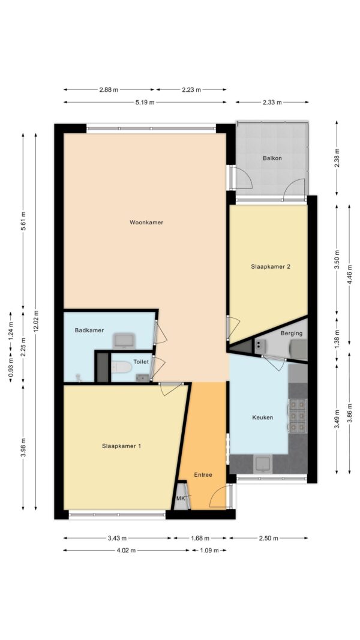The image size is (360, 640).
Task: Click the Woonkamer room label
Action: [146, 223]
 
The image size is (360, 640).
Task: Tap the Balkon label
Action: [272, 158]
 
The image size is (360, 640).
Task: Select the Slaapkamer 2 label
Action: [270, 266]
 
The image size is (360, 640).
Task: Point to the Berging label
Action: [292, 333]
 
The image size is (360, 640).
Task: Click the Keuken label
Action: [262, 417]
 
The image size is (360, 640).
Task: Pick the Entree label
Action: [203, 474]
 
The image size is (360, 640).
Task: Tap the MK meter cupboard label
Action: [181, 498]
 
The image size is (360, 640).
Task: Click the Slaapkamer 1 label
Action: [122, 446]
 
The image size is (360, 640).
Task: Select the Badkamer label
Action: [89, 330]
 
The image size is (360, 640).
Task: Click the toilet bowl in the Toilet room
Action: [121, 368]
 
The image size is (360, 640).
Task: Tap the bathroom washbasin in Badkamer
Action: [124, 341]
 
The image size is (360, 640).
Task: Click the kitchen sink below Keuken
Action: [262, 464]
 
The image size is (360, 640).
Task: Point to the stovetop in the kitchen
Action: [297, 416]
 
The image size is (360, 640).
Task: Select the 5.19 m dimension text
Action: [145, 103]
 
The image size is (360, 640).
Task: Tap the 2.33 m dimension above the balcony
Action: [272, 103]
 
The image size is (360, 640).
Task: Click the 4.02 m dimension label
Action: [126, 550]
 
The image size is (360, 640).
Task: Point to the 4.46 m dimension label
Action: [350, 274]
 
